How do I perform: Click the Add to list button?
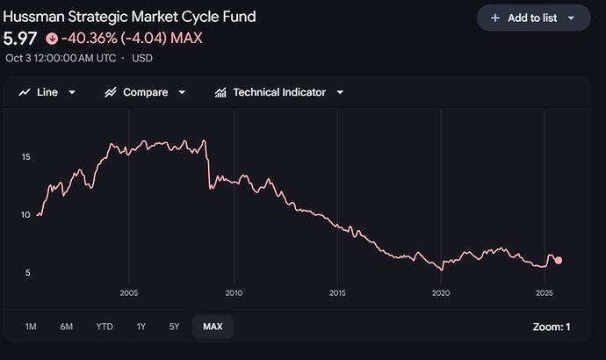tap(533, 18)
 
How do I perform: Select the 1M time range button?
tap(31, 327)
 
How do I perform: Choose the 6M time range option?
tap(67, 327)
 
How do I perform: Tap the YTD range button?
tap(105, 327)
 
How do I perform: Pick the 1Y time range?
tap(141, 327)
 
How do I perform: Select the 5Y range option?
tap(174, 327)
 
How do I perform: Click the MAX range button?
tap(213, 327)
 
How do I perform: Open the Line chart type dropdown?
tap(47, 92)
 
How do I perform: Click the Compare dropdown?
tap(145, 92)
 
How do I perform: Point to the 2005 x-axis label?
tap(129, 292)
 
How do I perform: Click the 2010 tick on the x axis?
tap(234, 292)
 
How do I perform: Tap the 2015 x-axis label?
tap(337, 292)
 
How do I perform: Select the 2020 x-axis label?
tap(441, 292)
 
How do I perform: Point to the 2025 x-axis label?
tap(544, 292)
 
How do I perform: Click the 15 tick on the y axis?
tap(26, 157)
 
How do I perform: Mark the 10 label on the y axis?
tap(26, 215)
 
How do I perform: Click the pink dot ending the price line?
tap(559, 260)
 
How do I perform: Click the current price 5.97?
tap(21, 39)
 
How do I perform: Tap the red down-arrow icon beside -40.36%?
tap(51, 39)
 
